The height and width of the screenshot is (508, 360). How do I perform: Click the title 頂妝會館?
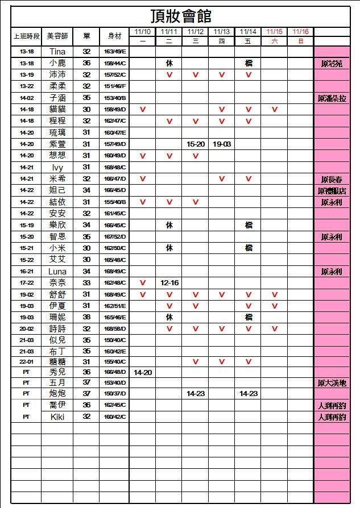pos(181,15)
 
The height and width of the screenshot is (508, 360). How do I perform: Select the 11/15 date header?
pos(274,31)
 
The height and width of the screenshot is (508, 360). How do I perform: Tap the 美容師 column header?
pos(57,36)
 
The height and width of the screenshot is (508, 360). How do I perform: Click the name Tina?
pos(57,52)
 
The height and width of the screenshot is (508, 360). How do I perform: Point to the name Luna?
pos(57,272)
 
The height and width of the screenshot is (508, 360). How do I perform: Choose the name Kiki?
pos(57,417)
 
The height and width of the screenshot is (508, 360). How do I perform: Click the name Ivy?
pos(57,168)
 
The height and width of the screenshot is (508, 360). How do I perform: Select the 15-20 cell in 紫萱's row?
pos(196,144)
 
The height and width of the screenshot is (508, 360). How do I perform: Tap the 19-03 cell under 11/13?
pos(222,144)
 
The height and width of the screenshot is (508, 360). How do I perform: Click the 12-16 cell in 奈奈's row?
pos(169,283)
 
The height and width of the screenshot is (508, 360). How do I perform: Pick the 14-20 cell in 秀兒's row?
pos(143,372)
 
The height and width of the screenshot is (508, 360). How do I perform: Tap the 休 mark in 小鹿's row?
pos(169,64)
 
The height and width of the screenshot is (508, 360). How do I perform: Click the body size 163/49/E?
pos(115,52)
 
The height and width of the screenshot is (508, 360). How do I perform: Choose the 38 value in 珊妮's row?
pos(86,317)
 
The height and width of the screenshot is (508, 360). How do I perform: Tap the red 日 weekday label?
pos(300,41)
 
